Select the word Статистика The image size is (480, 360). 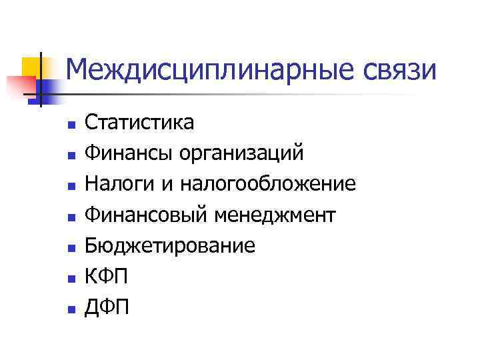140,123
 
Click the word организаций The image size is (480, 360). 242,154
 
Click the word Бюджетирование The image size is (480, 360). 170,246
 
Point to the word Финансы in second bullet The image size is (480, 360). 127,154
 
